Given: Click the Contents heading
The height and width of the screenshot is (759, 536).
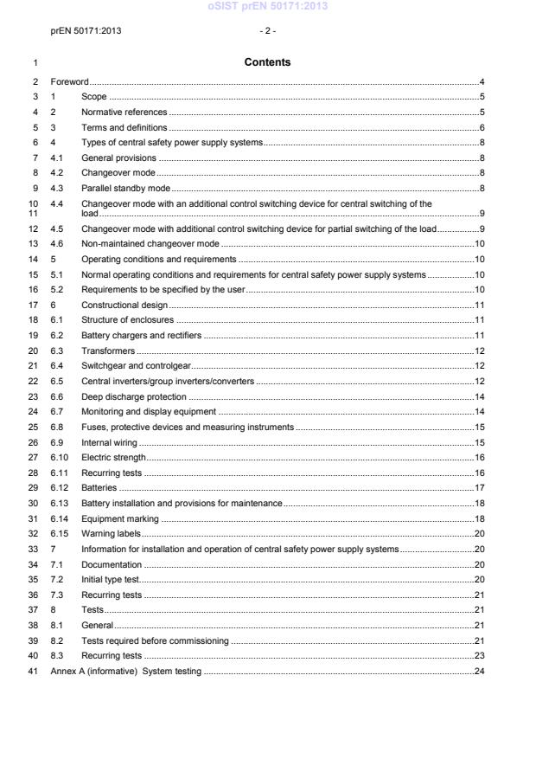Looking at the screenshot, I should [x=267, y=62].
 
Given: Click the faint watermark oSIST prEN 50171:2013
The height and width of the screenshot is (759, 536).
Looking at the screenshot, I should [x=267, y=8].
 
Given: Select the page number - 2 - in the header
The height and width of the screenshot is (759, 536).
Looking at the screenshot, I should [x=267, y=31].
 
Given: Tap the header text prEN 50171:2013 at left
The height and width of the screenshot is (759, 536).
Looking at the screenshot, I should [x=86, y=31].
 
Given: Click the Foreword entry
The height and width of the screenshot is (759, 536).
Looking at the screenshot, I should [x=70, y=81].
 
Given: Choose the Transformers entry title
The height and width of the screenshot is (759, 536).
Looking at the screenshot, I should [x=108, y=351].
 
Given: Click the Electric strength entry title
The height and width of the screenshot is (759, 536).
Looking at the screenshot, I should [x=113, y=457].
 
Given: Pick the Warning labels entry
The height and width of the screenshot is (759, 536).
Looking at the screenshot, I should [x=111, y=533].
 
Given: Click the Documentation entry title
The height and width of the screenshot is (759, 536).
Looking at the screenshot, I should [x=112, y=563].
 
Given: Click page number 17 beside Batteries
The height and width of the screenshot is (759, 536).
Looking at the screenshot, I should [x=480, y=487].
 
